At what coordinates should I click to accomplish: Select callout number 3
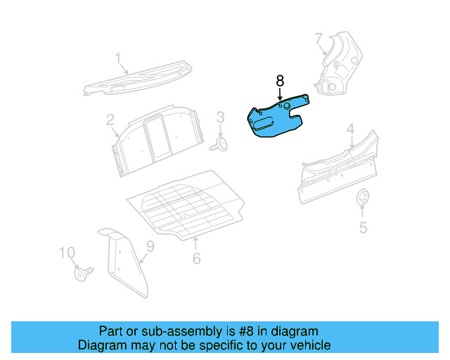[x=219, y=117]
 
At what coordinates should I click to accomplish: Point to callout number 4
[x=350, y=129]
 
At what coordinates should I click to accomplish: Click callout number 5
[x=364, y=227]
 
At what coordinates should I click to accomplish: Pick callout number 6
[x=196, y=258]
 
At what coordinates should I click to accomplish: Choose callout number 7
[x=319, y=38]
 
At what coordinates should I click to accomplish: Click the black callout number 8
[x=280, y=82]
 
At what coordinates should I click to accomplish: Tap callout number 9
[x=149, y=246]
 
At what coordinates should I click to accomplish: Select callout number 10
[x=66, y=252]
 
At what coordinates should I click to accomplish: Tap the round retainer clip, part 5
[x=364, y=198]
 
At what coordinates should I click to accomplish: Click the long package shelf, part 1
[x=137, y=79]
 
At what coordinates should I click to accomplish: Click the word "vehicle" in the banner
[x=309, y=345]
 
